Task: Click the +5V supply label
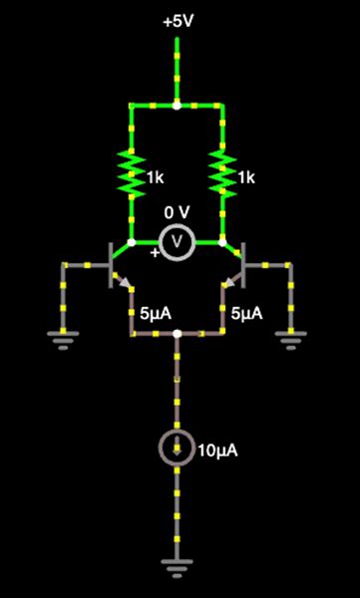(177, 19)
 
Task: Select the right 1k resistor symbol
(221, 173)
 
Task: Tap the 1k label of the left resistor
(154, 177)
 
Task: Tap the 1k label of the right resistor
(245, 177)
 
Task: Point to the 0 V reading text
(177, 213)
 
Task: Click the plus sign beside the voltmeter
(155, 253)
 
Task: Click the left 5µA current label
(156, 313)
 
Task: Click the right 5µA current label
(247, 313)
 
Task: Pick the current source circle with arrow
(177, 450)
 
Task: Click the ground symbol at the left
(64, 342)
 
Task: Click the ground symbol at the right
(290, 342)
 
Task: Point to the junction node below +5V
(177, 104)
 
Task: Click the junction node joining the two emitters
(177, 334)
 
